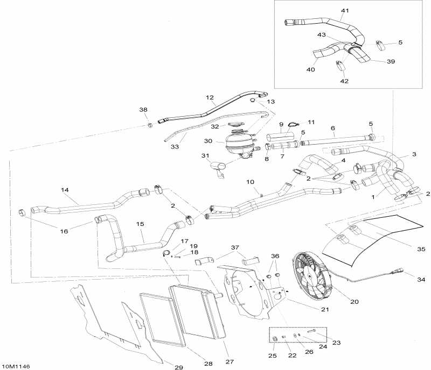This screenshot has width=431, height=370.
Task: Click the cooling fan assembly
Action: pyautogui.click(x=312, y=276)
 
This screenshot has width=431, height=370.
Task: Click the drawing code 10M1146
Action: pyautogui.click(x=16, y=366)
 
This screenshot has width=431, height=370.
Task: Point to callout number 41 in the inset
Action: pyautogui.click(x=345, y=10)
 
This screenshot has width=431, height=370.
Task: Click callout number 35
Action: pyautogui.click(x=421, y=249)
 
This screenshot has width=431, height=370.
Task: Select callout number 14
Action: pyautogui.click(x=65, y=190)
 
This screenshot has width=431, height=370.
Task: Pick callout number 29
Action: pyautogui.click(x=179, y=367)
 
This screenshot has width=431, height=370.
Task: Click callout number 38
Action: pyautogui.click(x=143, y=110)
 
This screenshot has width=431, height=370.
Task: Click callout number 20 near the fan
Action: pyautogui.click(x=354, y=302)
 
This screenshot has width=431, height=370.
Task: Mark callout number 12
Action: pyautogui.click(x=210, y=97)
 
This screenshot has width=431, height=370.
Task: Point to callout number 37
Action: pyautogui.click(x=235, y=247)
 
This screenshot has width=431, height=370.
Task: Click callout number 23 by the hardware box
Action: pyautogui.click(x=336, y=343)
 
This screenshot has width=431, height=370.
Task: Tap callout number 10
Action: pyautogui.click(x=250, y=182)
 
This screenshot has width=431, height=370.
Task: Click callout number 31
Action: pyautogui.click(x=205, y=155)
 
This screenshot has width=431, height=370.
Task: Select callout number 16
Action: pyautogui.click(x=64, y=231)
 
